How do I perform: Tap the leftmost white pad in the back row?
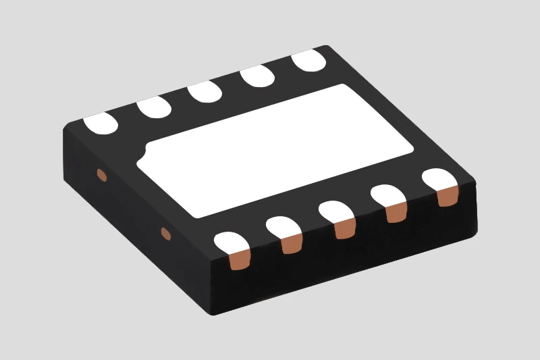[101, 122]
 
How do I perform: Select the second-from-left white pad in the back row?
[154, 107]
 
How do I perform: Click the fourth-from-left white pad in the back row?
[257, 76]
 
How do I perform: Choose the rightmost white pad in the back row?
[309, 61]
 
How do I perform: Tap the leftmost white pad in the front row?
[231, 243]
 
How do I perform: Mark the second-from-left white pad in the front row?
[284, 226]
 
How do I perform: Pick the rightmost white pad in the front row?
[440, 179]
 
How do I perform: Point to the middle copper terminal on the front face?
[345, 228]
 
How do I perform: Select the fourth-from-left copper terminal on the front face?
[396, 212]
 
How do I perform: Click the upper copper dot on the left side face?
[102, 176]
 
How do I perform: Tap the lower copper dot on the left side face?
[165, 234]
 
